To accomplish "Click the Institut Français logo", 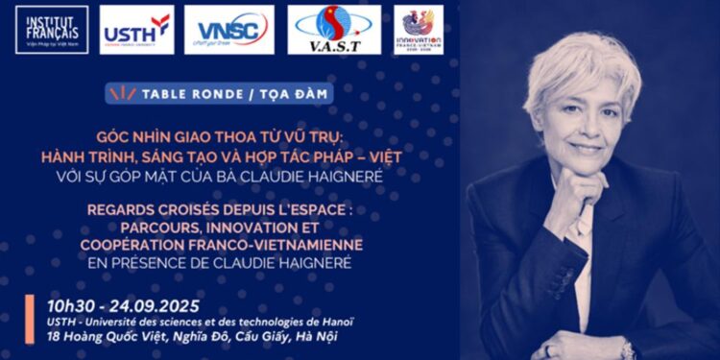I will [x=52, y=29].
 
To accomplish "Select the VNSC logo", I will [x=228, y=30].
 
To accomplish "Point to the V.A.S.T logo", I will [x=334, y=30].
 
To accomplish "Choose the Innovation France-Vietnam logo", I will [x=419, y=30].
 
